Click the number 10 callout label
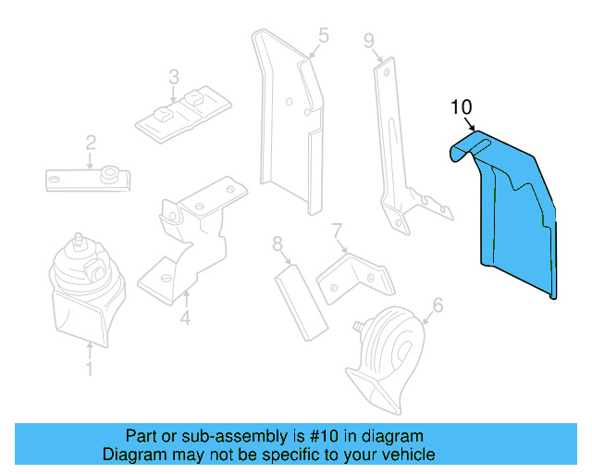tap(462, 106)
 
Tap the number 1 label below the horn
tap(89, 371)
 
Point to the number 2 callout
tap(91, 142)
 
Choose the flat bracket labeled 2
tap(88, 178)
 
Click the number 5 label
tap(323, 36)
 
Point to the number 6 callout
tap(438, 305)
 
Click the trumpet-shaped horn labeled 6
tap(384, 356)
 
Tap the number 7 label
tap(338, 230)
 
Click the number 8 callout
tap(277, 244)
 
